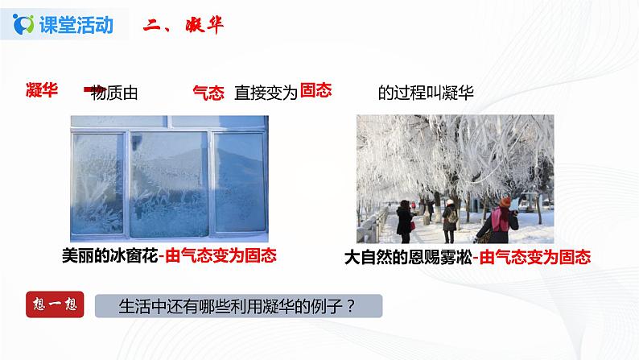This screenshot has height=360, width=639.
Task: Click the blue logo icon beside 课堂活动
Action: (x=23, y=24)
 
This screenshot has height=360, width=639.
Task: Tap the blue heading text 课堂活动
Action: (x=76, y=25)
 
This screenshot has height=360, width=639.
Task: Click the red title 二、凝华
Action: (x=183, y=25)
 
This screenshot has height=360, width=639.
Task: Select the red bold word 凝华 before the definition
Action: (x=42, y=89)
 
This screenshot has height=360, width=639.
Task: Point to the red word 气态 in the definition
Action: (x=208, y=93)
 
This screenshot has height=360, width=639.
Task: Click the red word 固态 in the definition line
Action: (x=315, y=90)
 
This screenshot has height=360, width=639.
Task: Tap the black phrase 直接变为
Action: (x=266, y=93)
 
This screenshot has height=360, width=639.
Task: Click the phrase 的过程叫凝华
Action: (x=426, y=93)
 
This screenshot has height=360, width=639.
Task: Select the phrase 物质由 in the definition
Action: (x=113, y=93)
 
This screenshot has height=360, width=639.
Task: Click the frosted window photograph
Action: (x=170, y=179)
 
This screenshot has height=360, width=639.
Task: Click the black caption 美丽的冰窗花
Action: (x=109, y=256)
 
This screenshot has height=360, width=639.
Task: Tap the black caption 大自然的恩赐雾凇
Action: (x=408, y=258)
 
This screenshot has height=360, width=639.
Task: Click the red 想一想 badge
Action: (x=55, y=304)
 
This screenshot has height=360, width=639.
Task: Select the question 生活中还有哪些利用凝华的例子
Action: (x=237, y=306)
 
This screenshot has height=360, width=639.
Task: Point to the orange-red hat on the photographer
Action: (x=505, y=202)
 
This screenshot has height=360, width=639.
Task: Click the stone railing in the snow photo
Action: (x=372, y=226)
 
